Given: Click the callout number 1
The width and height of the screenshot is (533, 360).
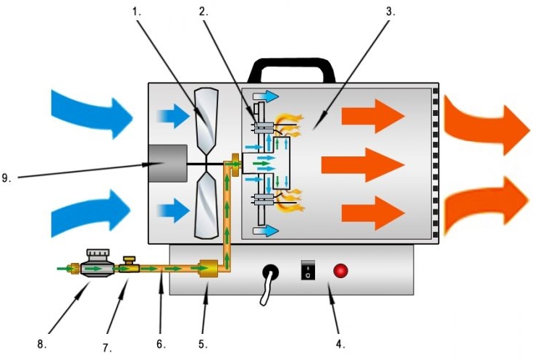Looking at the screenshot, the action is tap(136, 12).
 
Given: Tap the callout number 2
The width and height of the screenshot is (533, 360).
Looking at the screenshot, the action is tap(203, 12).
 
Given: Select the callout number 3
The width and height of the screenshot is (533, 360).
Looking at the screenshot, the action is tap(390, 12).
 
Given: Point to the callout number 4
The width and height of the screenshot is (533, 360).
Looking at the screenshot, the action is tap(340, 344).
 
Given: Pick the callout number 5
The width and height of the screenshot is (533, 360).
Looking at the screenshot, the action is tap(203, 344).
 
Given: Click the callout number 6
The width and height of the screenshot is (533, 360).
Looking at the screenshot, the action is tap(161, 344).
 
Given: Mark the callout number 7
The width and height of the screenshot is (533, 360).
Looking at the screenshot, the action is tap(107, 348).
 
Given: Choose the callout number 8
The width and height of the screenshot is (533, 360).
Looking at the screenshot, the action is tap(42, 344).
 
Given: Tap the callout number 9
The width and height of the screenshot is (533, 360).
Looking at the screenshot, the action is tap(6, 177).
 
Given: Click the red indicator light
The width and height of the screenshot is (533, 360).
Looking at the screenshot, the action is tap(340, 271).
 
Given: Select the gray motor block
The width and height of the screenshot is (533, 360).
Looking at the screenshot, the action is tap(167, 163).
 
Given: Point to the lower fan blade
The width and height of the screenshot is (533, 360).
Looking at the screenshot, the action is tap(206, 205).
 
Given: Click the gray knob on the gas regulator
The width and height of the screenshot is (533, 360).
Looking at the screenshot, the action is tap(98, 254).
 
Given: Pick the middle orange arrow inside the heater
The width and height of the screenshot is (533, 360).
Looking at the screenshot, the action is tap(362, 165).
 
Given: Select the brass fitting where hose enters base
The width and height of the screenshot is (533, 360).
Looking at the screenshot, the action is tap(209, 268).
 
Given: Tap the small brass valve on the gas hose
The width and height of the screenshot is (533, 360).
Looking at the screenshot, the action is tap(129, 265).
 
